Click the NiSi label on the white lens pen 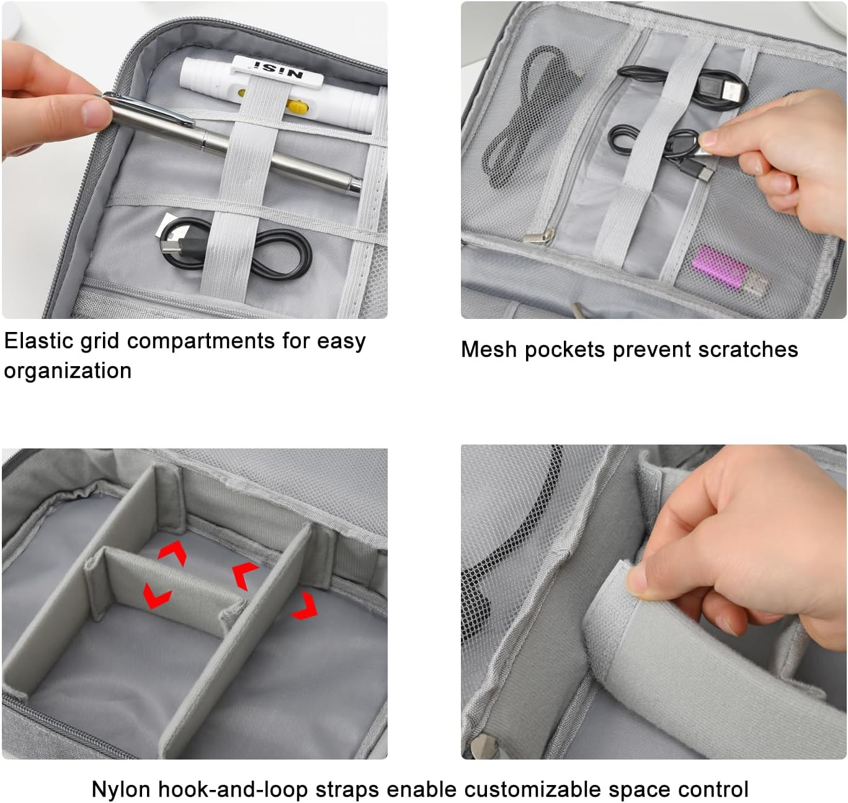point(278,70)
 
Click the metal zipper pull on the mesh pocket point(538,236)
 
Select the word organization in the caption point(68,370)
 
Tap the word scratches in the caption point(748,349)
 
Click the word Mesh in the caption point(489,349)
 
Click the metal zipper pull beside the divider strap point(483,746)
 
